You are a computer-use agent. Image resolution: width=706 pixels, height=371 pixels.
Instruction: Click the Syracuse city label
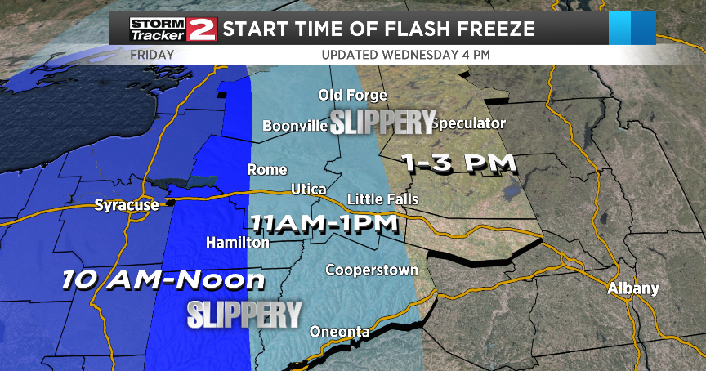[126, 204]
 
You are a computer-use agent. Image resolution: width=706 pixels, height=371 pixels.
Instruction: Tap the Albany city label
[632, 288]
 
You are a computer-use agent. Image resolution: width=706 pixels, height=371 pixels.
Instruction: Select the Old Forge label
[352, 96]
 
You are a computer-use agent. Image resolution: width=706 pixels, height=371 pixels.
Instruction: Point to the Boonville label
[295, 126]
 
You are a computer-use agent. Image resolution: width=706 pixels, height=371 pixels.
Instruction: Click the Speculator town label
[468, 123]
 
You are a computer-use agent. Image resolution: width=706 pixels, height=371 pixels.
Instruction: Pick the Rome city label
[267, 170]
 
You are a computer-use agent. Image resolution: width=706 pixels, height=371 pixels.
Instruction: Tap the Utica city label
[309, 190]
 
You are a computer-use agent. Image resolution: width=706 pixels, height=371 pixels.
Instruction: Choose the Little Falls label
[382, 199]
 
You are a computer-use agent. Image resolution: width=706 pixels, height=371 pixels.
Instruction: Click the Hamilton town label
[238, 243]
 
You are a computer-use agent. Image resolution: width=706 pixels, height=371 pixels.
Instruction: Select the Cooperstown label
[372, 270]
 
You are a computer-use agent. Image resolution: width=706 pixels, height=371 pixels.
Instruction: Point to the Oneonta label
[340, 332]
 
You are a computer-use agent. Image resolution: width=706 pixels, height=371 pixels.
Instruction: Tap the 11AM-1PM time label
[324, 222]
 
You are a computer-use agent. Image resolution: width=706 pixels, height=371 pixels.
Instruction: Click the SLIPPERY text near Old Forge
[382, 123]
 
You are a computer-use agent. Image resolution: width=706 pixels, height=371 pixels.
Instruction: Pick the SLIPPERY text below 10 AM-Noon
[244, 314]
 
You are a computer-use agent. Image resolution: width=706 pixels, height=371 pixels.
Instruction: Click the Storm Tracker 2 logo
[172, 29]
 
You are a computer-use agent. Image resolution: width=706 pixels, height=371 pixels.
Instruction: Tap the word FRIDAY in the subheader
[153, 55]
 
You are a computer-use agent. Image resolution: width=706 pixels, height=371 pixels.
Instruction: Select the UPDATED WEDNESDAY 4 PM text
[405, 55]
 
